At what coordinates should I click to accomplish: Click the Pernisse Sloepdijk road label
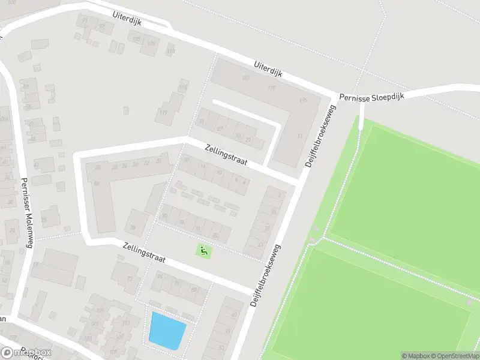pos(372,96)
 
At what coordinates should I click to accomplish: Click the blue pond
pos(166,330)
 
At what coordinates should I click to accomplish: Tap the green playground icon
pos(205,251)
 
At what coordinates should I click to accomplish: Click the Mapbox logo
pos(27,352)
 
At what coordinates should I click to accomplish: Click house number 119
pos(163,112)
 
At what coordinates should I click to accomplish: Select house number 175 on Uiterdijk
pos(272,89)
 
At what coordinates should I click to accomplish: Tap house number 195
pos(303,100)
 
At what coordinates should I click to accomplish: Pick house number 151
pos(245,79)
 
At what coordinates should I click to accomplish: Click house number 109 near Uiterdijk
pos(151,44)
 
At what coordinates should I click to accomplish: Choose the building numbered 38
pos(133,227)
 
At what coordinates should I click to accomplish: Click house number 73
pos(130,279)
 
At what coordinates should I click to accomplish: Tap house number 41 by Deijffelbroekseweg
pos(260,245)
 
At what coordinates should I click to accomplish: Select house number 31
pos(202,122)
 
